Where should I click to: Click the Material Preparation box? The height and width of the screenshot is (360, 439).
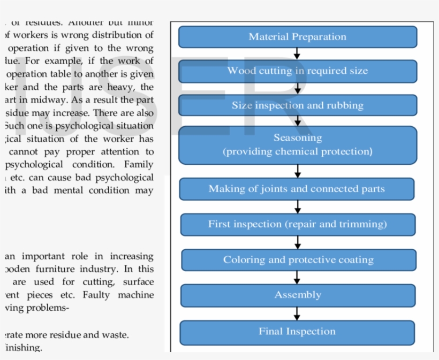click(297, 37)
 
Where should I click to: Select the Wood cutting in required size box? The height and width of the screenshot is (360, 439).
click(297, 71)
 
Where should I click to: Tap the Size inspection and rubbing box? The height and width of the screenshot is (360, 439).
click(297, 105)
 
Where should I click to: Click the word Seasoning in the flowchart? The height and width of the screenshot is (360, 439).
click(298, 137)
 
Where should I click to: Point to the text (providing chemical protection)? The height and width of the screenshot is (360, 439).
click(298, 151)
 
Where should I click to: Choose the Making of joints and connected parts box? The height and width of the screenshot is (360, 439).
click(297, 189)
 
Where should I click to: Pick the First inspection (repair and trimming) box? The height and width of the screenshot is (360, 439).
click(298, 224)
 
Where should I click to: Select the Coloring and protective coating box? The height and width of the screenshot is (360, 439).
click(298, 260)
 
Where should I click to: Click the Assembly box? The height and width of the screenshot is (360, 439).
click(298, 295)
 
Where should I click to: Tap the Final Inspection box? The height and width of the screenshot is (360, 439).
click(297, 332)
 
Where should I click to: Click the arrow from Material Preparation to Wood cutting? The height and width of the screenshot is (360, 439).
click(297, 53)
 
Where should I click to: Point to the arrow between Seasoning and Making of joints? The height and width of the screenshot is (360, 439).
click(298, 171)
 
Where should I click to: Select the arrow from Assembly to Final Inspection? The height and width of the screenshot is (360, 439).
click(297, 313)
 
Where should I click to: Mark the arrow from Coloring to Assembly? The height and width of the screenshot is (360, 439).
click(297, 278)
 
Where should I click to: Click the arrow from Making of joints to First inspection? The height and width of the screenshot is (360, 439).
click(298, 206)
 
